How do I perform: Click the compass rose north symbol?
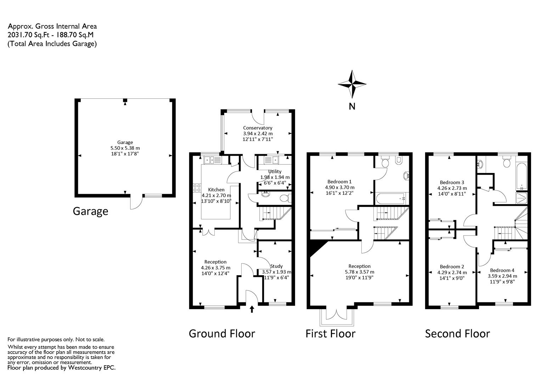352,84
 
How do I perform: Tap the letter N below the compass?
352,106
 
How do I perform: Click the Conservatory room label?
258,128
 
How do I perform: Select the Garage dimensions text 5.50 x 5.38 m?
125,148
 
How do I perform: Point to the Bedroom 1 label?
339,181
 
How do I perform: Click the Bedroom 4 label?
502,270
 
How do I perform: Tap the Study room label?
276,266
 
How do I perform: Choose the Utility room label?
275,172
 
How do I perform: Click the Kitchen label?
216,190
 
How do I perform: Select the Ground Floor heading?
222,334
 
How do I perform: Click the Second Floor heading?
457,334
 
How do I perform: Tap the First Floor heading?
331,334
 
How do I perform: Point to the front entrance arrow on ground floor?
252,309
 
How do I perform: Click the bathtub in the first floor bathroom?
390,198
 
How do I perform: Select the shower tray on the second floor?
522,198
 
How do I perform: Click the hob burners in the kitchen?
197,188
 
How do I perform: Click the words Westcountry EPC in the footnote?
92,368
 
